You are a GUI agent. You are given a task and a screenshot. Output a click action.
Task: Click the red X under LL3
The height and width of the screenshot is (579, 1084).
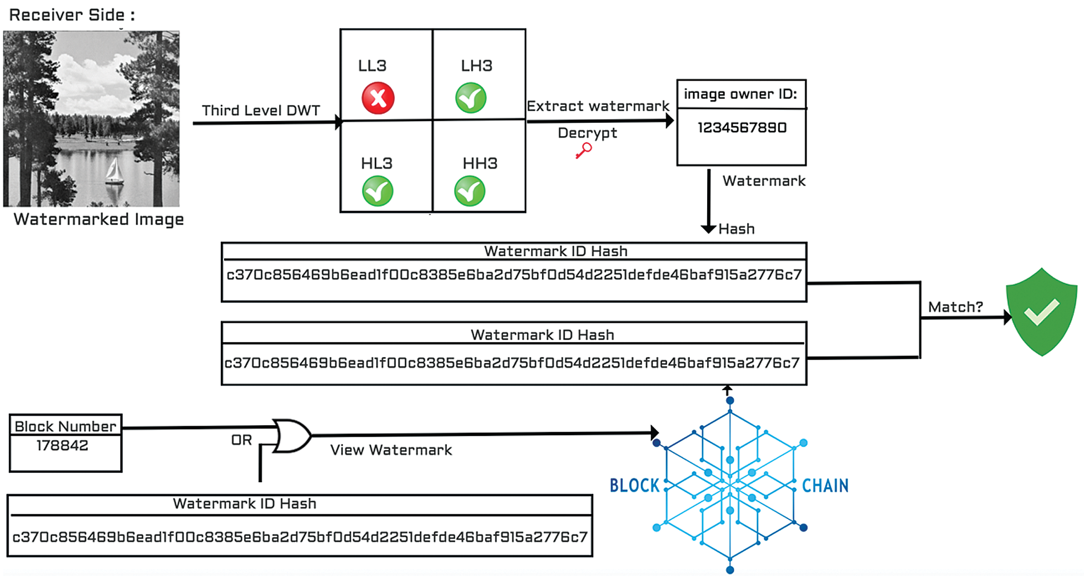[x=378, y=98]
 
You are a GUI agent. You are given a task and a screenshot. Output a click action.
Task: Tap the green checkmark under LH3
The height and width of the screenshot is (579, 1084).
[x=471, y=98]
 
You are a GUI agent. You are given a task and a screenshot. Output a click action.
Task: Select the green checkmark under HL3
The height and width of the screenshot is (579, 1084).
[x=377, y=191]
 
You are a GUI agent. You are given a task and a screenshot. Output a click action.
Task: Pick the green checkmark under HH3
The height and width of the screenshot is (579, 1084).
[x=470, y=191]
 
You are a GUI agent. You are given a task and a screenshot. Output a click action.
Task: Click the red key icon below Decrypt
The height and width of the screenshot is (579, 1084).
[x=584, y=150]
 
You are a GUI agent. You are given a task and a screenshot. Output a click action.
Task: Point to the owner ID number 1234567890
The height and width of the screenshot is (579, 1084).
[x=742, y=128]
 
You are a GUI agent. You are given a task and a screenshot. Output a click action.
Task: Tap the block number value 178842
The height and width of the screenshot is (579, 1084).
[x=62, y=446]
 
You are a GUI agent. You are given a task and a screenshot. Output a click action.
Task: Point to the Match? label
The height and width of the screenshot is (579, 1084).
[x=955, y=307]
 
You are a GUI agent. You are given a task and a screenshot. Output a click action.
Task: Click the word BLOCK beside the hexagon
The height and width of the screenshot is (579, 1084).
[x=634, y=486]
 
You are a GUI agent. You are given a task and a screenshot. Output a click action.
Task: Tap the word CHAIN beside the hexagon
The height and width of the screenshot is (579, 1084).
[x=825, y=486]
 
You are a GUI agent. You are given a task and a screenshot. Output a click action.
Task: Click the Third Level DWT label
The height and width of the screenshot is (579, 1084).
[x=261, y=110]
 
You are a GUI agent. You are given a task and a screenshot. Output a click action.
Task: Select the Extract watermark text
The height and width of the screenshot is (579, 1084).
[x=598, y=106]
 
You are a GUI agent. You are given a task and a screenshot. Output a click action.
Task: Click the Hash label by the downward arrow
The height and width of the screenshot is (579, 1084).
[x=736, y=229]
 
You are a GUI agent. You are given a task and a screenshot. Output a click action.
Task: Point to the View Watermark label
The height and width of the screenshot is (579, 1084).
[x=391, y=450]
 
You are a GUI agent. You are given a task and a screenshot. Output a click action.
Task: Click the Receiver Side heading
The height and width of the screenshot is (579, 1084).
[x=72, y=15]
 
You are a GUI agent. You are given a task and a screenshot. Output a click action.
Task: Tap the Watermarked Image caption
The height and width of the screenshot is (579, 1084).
[x=98, y=219]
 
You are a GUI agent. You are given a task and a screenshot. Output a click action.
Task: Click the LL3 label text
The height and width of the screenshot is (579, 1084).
[x=372, y=66]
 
